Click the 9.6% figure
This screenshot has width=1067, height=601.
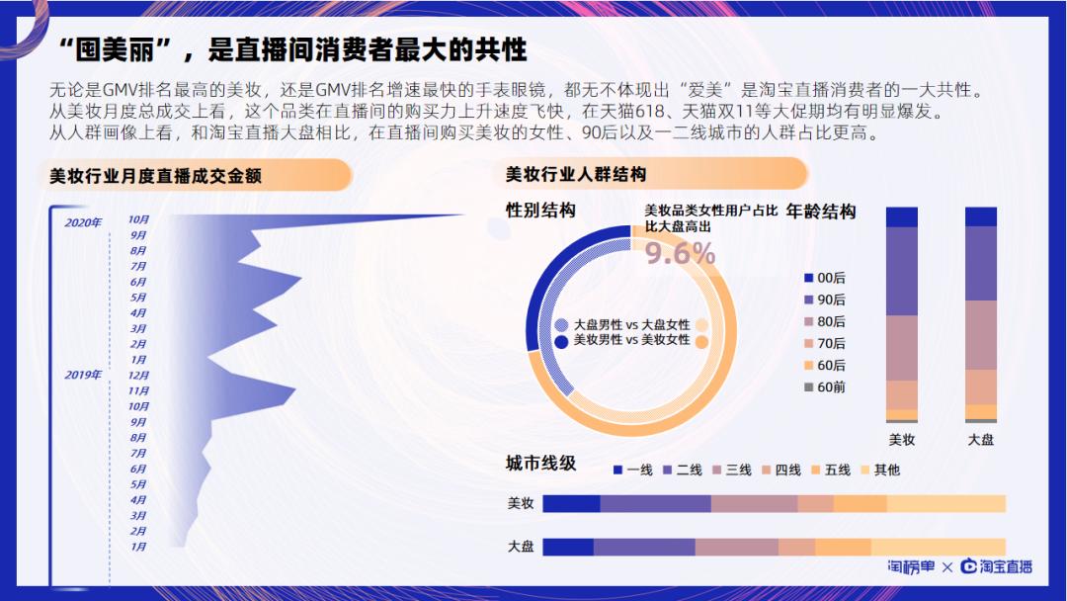[680, 254]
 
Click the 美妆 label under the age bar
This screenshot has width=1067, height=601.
[902, 439]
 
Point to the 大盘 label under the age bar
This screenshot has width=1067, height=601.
[980, 439]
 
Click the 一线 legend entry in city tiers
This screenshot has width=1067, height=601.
[632, 470]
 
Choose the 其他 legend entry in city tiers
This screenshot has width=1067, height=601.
[879, 470]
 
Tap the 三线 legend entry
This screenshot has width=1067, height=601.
[731, 470]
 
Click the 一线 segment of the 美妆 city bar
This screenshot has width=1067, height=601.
[571, 504]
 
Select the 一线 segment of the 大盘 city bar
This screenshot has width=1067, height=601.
[568, 547]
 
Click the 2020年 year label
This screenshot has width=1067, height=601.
[83, 222]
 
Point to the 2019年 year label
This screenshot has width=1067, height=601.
[83, 375]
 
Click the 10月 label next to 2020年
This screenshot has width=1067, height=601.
[138, 219]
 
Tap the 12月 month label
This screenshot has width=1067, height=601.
[138, 376]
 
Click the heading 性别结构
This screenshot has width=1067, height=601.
[540, 211]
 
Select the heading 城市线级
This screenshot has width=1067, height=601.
[540, 464]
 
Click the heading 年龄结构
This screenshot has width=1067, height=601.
[821, 212]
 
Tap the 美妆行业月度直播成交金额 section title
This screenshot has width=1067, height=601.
[162, 176]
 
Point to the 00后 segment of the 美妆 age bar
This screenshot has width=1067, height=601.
[902, 217]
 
